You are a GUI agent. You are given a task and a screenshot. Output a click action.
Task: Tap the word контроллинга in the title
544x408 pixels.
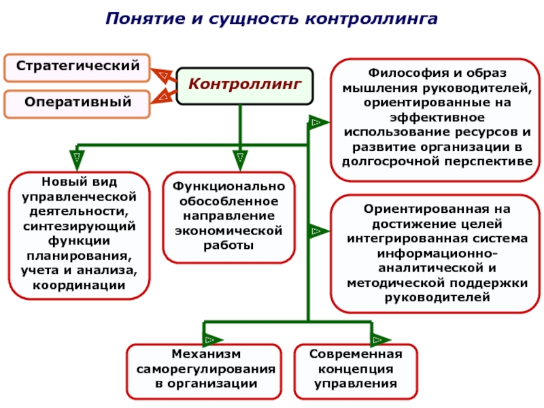coord(371,19)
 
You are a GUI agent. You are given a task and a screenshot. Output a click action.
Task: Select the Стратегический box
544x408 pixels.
coord(78,67)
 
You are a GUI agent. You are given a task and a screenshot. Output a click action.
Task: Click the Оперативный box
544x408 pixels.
coord(78,104)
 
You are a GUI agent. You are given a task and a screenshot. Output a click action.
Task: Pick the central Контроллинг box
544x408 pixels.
coord(245,86)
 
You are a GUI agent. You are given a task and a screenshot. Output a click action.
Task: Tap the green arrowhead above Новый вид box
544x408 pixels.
coord(77,160)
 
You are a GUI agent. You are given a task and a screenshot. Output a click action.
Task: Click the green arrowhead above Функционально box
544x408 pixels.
coord(240,160)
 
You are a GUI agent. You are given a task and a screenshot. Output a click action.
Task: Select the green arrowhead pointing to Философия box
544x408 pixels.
coord(318,122)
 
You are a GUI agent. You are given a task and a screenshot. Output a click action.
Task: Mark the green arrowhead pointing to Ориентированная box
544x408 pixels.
coord(318,231)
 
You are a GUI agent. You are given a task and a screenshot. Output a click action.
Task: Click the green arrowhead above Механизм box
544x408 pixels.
coord(212,339)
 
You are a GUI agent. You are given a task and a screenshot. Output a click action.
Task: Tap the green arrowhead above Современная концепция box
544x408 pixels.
coord(381,339)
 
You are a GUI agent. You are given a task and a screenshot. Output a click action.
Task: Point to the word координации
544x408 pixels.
coord(79,286)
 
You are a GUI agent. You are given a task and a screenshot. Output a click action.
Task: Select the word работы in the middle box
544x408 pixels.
coord(228,245)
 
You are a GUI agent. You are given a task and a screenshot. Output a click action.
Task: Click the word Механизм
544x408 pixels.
coord(206,354)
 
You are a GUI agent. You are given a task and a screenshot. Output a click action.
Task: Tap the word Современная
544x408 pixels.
coord(356,354)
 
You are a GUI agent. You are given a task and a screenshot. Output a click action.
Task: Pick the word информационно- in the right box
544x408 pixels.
coord(437,254)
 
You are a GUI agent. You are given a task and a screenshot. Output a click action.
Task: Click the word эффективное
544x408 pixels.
coord(437,118)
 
